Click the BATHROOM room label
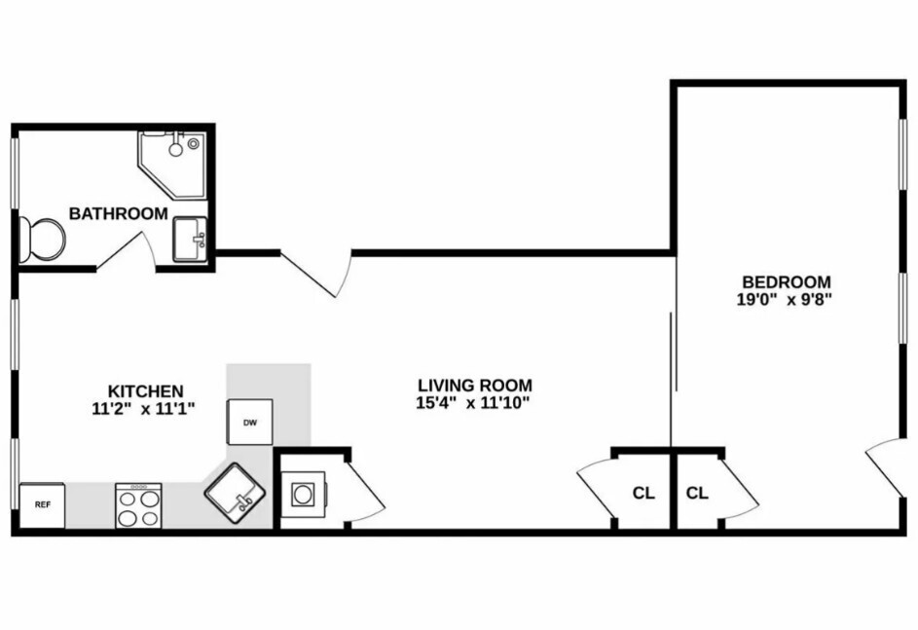point(118,213)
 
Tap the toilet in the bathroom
point(41,239)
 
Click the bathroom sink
point(190,240)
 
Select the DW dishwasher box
point(249,423)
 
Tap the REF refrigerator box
point(42,504)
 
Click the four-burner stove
point(138,505)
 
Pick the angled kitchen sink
point(235,490)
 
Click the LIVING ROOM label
point(475,385)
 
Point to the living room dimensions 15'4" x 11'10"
point(475,403)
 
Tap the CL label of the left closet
point(643,493)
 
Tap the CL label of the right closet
point(697,493)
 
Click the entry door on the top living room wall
point(316,273)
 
